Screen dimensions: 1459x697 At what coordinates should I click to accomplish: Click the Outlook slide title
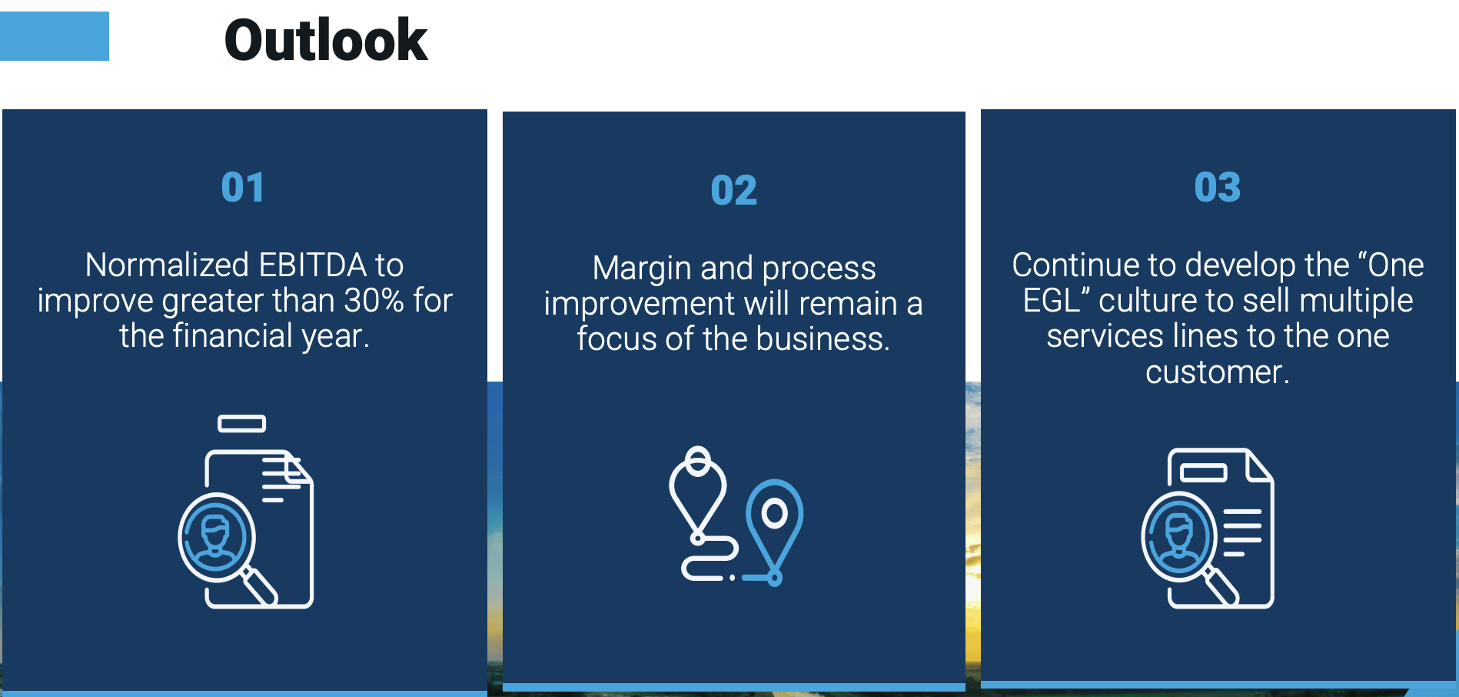(x=326, y=40)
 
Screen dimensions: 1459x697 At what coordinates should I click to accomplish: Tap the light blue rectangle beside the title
(x=54, y=35)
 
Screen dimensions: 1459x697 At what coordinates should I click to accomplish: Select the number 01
(x=243, y=187)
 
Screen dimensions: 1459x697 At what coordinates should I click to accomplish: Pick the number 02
(x=733, y=190)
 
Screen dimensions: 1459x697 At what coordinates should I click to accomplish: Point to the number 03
(x=1218, y=187)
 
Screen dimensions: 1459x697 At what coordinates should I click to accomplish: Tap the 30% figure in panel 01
(x=374, y=300)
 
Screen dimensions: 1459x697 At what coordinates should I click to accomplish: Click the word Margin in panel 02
(x=641, y=269)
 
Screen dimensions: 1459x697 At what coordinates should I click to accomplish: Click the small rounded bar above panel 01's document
(x=241, y=423)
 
